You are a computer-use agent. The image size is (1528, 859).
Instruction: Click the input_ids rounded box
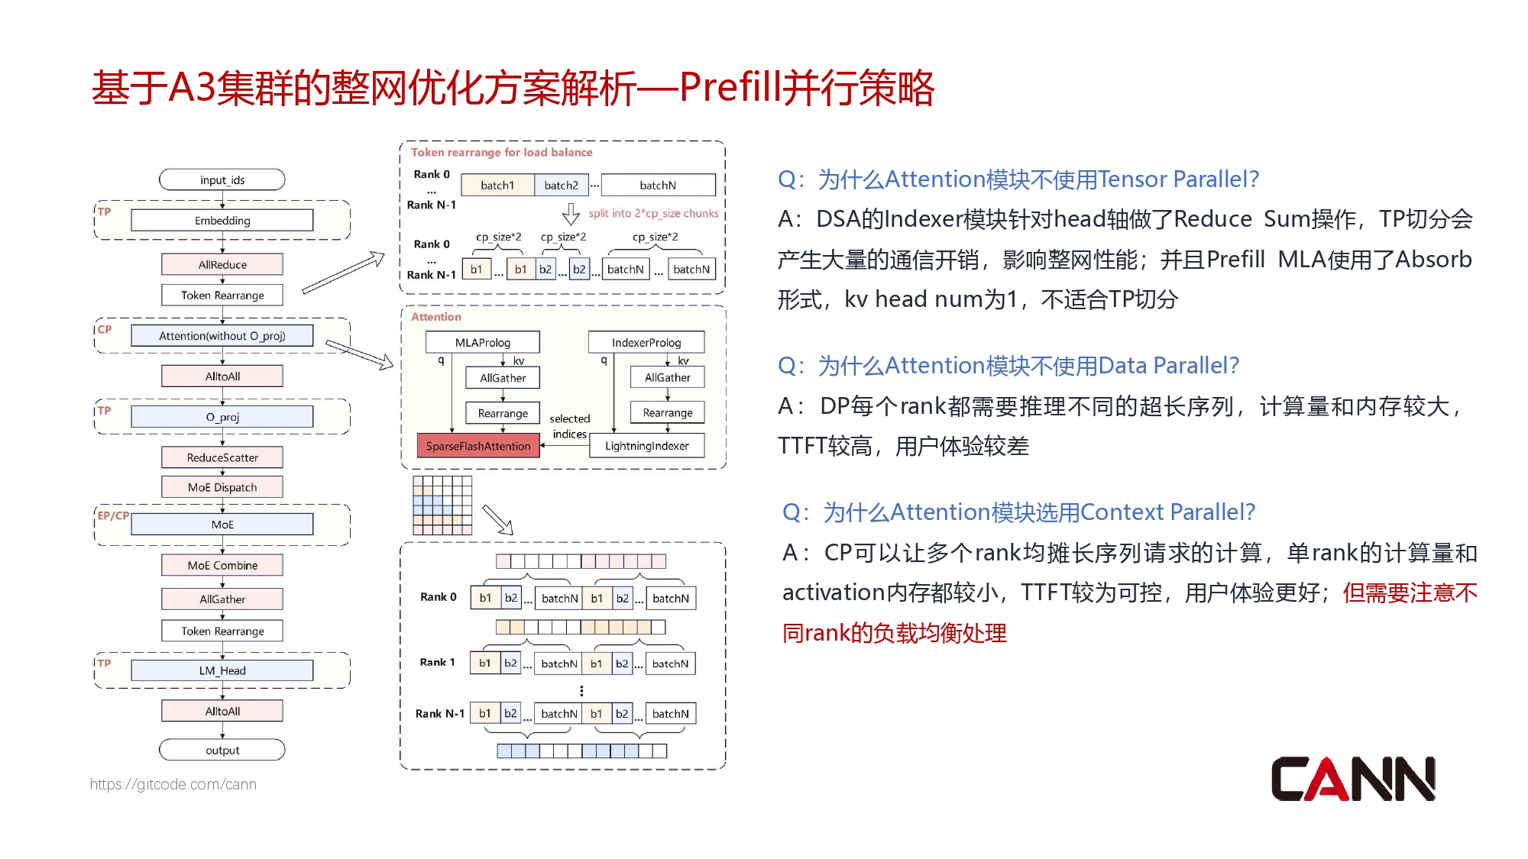coord(222,180)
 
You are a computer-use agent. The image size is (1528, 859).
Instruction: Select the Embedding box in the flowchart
coord(222,221)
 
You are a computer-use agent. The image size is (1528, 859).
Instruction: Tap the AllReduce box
coord(222,265)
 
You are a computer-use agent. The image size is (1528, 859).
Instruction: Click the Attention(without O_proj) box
coord(222,336)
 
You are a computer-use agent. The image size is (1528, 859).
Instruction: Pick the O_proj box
coord(222,417)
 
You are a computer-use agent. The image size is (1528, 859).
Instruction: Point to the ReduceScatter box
coord(222,457)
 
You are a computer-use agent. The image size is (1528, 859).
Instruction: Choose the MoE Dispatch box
coord(222,487)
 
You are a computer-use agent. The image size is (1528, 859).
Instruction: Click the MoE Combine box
coord(222,565)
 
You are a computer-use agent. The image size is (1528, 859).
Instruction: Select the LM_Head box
coord(222,670)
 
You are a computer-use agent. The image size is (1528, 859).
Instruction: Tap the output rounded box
coord(222,751)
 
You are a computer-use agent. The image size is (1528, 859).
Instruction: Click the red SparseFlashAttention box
coord(478,446)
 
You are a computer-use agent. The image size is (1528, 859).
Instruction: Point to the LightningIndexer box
coord(646,446)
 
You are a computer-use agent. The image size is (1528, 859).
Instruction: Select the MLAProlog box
coord(482,343)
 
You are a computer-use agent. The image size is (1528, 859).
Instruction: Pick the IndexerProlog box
coord(646,343)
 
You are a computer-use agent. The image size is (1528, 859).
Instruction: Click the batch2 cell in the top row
coord(561,186)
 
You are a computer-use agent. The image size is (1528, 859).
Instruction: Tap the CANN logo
coord(1352,779)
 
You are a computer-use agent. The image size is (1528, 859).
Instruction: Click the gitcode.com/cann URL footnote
coord(173,784)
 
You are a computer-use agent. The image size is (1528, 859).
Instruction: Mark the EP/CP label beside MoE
coord(113,515)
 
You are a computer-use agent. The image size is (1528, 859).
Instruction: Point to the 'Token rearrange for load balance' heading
coord(501,153)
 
